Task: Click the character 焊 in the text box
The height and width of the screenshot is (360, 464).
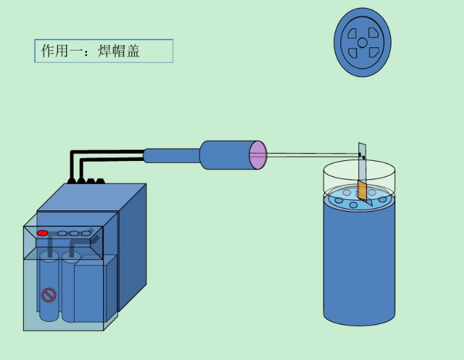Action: tap(104, 51)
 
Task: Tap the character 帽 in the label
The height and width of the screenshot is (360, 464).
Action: tap(119, 51)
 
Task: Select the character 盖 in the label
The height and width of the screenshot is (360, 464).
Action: tap(133, 51)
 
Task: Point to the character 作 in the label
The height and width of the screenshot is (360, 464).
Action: tap(48, 51)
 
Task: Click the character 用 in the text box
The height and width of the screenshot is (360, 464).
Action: tap(61, 51)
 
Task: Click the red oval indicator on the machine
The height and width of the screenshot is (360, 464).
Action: tap(42, 233)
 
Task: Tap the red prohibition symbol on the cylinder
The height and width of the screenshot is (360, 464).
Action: tap(49, 295)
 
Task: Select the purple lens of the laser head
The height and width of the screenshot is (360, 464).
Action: tap(258, 155)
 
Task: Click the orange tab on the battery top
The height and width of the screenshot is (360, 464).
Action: tap(362, 190)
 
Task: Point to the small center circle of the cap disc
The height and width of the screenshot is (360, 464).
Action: tap(362, 43)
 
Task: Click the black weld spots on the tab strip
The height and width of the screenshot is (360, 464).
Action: tap(362, 156)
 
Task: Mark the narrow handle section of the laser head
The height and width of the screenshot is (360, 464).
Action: tap(172, 156)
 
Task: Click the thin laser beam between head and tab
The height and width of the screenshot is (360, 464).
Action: tap(312, 154)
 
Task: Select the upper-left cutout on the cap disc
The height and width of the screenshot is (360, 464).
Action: tap(352, 34)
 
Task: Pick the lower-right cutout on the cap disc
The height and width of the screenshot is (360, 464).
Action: tap(374, 53)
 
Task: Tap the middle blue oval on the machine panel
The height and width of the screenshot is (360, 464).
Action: tap(74, 233)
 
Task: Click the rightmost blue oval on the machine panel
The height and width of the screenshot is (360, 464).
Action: tap(86, 233)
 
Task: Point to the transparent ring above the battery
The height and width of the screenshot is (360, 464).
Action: tap(359, 171)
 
